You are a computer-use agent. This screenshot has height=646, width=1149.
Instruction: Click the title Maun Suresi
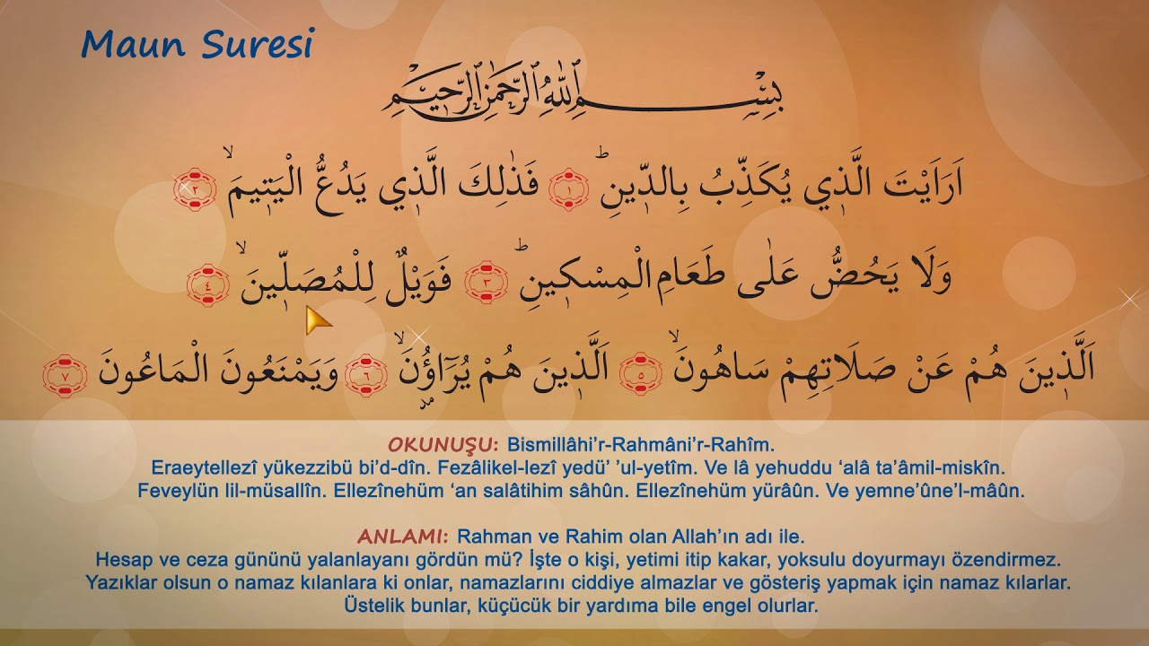point(197,44)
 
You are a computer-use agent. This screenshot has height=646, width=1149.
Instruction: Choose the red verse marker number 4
point(207,284)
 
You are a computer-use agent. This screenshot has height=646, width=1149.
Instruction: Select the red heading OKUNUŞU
point(443,444)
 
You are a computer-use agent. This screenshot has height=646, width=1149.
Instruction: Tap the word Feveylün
point(177,491)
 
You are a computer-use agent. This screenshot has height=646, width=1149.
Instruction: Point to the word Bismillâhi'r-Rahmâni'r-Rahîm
point(640,444)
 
